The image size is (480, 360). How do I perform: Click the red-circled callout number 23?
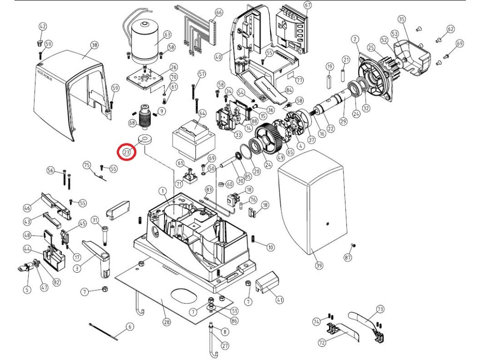point(127,152)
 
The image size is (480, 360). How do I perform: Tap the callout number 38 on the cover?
point(95,45)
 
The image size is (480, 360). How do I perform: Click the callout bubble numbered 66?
point(219,12)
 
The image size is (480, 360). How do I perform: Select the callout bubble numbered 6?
point(130,326)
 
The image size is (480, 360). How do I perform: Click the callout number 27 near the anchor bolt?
point(225,346)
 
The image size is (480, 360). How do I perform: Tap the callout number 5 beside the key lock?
point(27,290)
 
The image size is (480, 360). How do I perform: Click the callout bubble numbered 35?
point(401,19)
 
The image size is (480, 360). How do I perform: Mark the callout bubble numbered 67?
point(307,5)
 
